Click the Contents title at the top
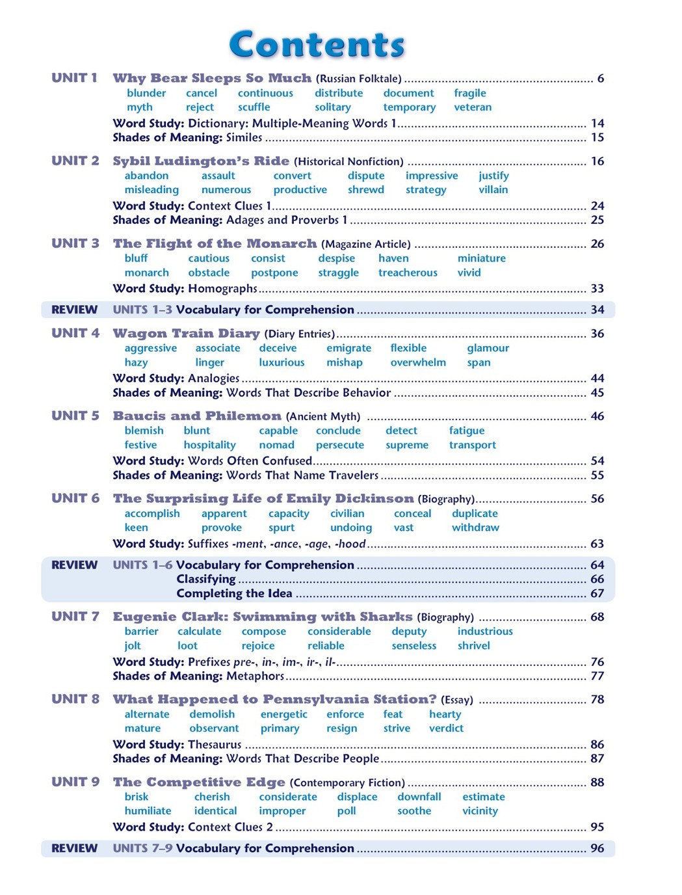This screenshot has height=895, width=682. [317, 45]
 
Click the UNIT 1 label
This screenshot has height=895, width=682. [74, 78]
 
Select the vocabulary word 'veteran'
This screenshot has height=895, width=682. [473, 107]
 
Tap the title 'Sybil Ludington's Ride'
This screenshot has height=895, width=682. [201, 161]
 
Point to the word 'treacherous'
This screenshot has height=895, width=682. [408, 273]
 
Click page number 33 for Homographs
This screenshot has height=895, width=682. [597, 288]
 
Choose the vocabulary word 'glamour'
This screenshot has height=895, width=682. [488, 348]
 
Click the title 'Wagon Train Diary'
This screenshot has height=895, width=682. [186, 333]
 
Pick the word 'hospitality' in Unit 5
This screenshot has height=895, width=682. [209, 445]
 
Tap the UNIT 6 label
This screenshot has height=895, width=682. [75, 498]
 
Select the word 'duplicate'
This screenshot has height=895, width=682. [475, 513]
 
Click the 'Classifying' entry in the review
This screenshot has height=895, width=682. [206, 579]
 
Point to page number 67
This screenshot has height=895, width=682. [597, 593]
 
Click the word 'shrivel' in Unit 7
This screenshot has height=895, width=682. [473, 646]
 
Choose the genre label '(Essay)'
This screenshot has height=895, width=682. [456, 700]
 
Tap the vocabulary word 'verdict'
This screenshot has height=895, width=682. [446, 728]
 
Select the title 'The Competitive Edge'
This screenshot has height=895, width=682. [199, 782]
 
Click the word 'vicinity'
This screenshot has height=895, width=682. [480, 811]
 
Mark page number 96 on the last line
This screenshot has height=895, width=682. [597, 848]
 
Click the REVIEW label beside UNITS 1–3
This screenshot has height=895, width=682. [74, 310]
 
